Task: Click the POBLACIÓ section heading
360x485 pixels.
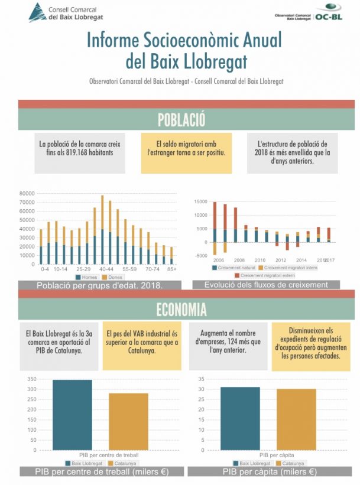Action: tap(181, 120)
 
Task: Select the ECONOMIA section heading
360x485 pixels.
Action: tap(181, 309)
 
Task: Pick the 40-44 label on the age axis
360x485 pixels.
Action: tap(106, 269)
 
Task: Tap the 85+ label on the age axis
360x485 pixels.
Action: tap(171, 269)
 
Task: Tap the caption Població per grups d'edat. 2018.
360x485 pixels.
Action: tap(100, 285)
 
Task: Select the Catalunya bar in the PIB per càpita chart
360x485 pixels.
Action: tap(296, 419)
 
